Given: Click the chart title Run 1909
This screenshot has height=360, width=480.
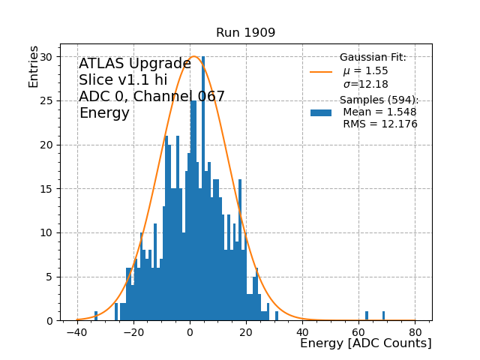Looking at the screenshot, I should (245, 33).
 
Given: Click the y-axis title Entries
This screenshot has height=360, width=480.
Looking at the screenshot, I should (34, 66).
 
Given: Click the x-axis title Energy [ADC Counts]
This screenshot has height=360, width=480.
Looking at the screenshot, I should (365, 343).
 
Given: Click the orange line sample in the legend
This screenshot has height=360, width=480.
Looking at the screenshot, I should (321, 72).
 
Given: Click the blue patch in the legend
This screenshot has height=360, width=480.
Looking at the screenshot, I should (321, 112).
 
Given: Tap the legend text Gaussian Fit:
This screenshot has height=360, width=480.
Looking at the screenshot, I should (373, 58).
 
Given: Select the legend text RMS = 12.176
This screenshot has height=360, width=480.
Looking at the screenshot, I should (379, 124).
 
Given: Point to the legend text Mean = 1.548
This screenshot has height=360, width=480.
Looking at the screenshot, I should (379, 112).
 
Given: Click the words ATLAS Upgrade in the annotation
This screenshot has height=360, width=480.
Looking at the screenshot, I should (135, 64).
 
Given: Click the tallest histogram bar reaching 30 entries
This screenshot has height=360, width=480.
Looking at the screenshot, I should (203, 187).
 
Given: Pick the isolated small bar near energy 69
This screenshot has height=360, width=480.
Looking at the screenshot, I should (383, 316).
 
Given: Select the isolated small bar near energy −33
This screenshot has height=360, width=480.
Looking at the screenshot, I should (96, 316).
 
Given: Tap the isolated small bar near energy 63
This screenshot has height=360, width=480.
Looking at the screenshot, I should (367, 316).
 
